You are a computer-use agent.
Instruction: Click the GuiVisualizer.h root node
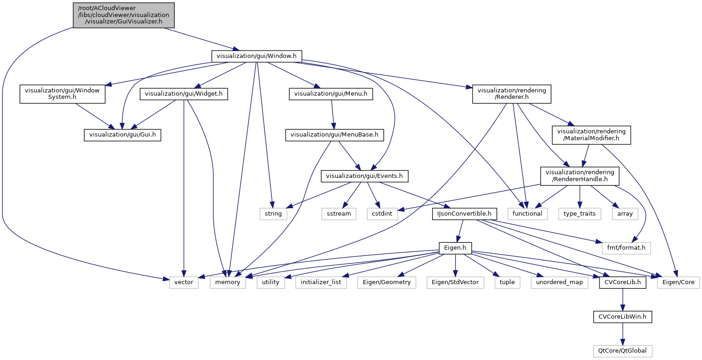(x=123, y=15)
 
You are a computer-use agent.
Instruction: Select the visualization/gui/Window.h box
(x=257, y=56)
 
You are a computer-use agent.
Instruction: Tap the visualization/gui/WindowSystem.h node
(x=62, y=94)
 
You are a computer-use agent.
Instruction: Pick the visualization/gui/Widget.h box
(x=184, y=94)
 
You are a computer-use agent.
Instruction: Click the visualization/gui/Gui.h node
(x=122, y=135)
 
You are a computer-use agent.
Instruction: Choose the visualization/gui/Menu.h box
(x=331, y=94)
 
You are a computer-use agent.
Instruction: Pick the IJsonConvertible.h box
(x=465, y=214)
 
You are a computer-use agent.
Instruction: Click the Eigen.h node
(x=455, y=248)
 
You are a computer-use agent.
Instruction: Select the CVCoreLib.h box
(x=623, y=282)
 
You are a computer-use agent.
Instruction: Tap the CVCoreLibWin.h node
(x=623, y=316)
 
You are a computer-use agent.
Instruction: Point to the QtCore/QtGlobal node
(x=623, y=350)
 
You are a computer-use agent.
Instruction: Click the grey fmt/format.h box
(x=626, y=248)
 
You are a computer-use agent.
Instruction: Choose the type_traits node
(x=579, y=214)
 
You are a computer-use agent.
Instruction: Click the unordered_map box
(x=559, y=282)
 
